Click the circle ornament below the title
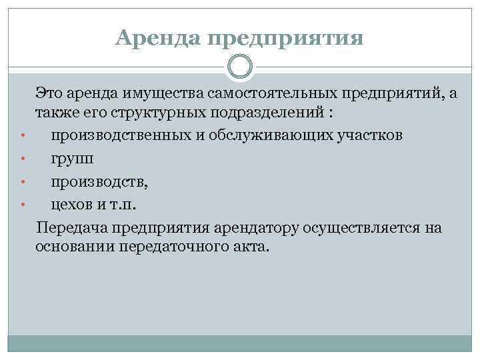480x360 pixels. pos(240,65)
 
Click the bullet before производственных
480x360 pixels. pos(23,137)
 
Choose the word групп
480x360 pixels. pos(72,159)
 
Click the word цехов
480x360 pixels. pos(74,203)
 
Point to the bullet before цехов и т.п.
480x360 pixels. pos(23,205)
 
